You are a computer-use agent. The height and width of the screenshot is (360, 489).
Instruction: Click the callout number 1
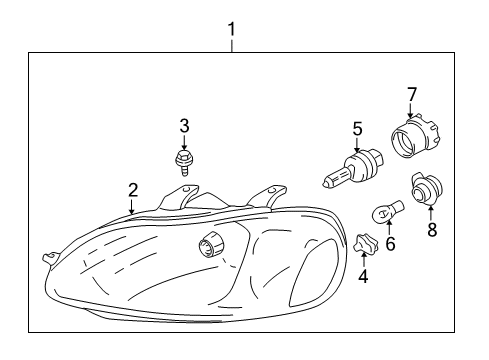tap(232, 30)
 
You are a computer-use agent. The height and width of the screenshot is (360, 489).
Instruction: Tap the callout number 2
tap(132, 190)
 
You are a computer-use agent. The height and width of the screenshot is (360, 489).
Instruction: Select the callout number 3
tap(184, 125)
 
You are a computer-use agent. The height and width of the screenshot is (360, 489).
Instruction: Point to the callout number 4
tap(363, 276)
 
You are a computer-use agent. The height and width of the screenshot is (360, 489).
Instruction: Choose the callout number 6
tap(391, 243)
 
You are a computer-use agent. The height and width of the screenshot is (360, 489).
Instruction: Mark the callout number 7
tap(410, 94)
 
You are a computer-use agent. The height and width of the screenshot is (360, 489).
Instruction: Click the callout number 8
tap(432, 229)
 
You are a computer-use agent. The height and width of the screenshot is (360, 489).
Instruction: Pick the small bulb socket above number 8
tap(423, 187)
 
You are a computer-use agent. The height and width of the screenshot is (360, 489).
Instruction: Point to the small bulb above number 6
tap(384, 213)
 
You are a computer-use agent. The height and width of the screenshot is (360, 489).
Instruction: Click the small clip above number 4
tap(363, 241)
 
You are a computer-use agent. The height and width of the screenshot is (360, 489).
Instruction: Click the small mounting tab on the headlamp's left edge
tap(46, 257)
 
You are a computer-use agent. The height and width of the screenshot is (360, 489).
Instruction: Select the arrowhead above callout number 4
tap(363, 256)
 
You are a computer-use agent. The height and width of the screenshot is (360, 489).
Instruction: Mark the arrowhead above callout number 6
tap(389, 226)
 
